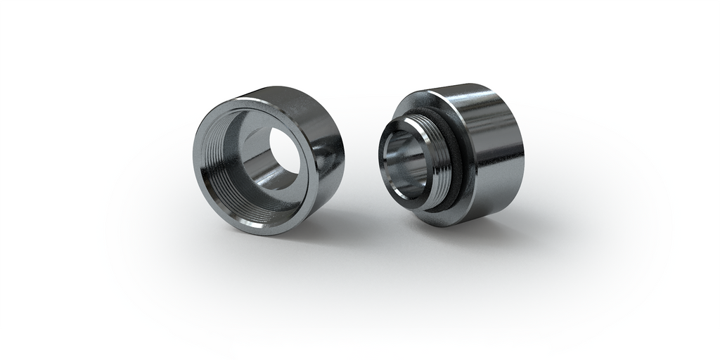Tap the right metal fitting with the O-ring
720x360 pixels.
click(464, 155)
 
